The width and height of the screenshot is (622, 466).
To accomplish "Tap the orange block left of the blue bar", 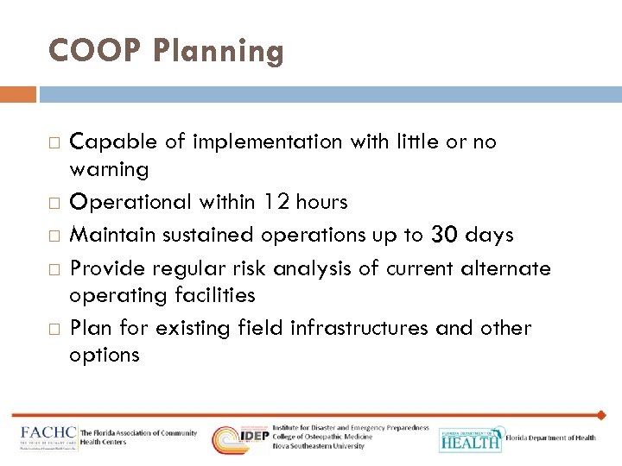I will coord(18,93).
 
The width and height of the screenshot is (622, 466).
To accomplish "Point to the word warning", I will coord(109,168).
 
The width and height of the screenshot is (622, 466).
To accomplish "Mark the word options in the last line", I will coord(105,356).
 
